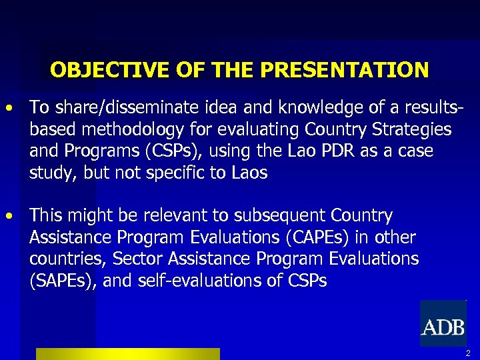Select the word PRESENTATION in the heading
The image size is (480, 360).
coord(345,70)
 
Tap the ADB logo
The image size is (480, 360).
coord(443,325)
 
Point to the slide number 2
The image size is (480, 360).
coord(468,353)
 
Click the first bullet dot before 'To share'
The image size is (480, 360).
coord(9,107)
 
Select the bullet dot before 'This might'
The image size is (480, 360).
coord(9,216)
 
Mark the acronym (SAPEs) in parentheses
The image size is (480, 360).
coord(64,281)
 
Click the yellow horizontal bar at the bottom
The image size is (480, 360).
coord(127,354)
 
